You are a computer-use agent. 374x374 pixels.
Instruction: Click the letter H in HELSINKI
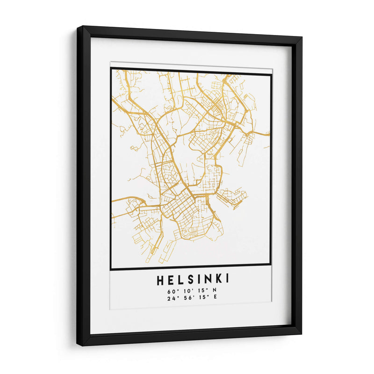(161, 280)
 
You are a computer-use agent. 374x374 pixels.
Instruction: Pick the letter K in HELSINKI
(217, 280)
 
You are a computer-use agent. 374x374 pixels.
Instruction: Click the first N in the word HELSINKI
(208, 280)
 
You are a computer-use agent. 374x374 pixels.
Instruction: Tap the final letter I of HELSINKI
(227, 280)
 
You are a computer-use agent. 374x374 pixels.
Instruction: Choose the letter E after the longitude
(215, 298)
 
